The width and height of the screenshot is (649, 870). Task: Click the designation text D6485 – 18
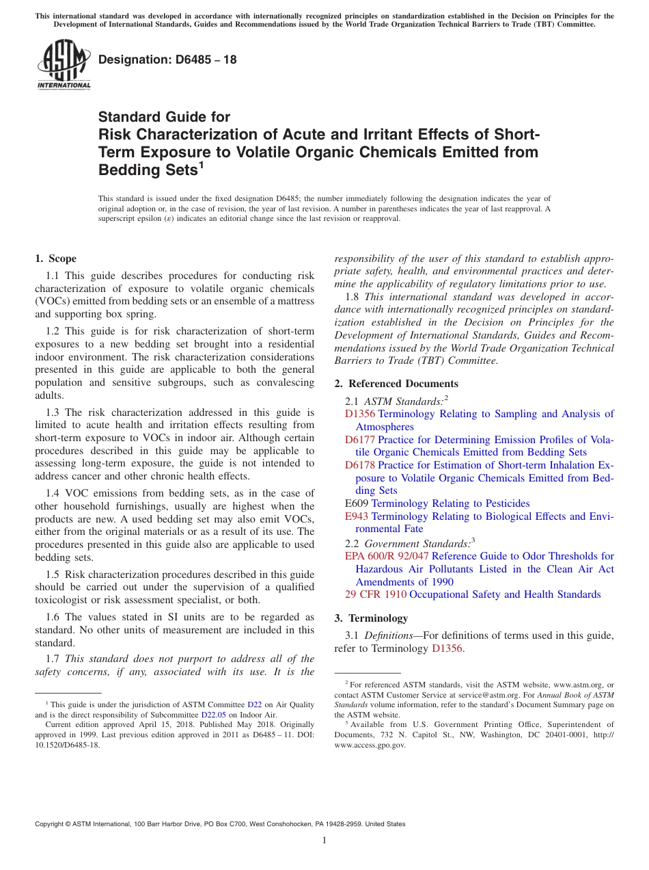pyautogui.click(x=167, y=60)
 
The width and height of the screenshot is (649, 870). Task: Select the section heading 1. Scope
pyautogui.click(x=56, y=259)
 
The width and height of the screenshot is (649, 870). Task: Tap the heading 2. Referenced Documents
pyautogui.click(x=396, y=384)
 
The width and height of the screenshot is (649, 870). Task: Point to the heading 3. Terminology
pyautogui.click(x=371, y=618)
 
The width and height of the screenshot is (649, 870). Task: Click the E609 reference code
pyautogui.click(x=357, y=503)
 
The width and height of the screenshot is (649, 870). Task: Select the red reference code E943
pyautogui.click(x=357, y=516)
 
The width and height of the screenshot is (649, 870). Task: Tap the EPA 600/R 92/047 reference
pyautogui.click(x=387, y=556)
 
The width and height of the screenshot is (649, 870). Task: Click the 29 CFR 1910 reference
pyautogui.click(x=376, y=594)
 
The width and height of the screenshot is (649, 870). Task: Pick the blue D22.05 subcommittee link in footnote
pyautogui.click(x=213, y=714)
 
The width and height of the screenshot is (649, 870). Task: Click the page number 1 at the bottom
pyautogui.click(x=324, y=841)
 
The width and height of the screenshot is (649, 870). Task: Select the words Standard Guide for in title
pyautogui.click(x=165, y=117)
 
